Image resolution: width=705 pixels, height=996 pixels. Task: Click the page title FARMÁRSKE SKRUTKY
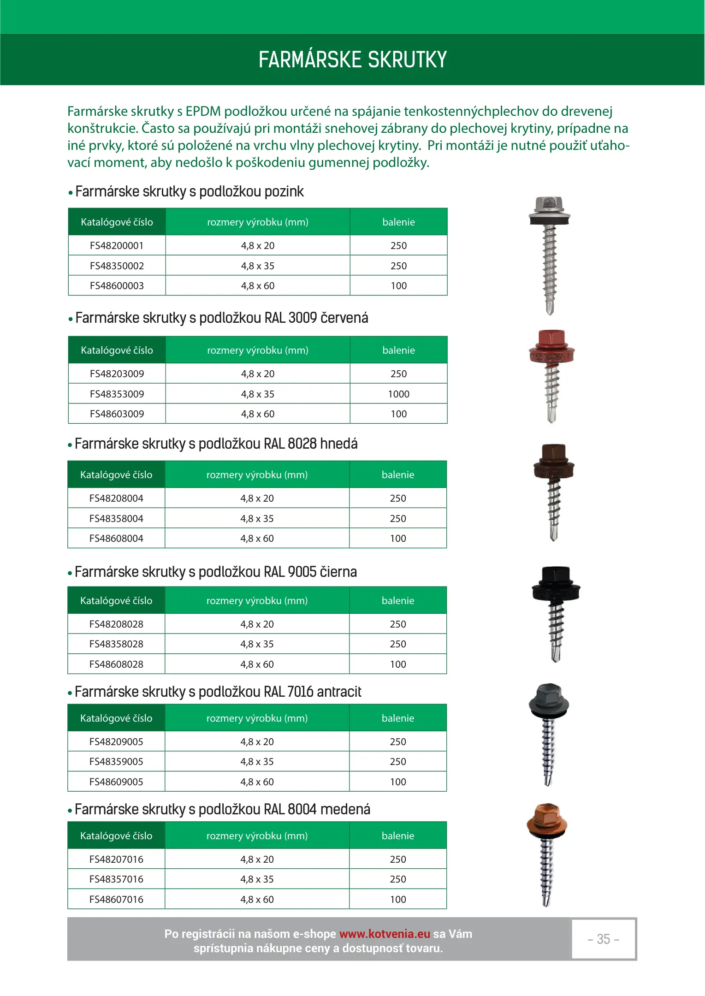coord(353,59)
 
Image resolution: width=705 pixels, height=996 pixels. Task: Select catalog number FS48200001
coord(117,246)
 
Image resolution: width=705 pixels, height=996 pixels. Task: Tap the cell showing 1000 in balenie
coord(398,394)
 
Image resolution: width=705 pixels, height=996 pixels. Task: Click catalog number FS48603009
coord(117,414)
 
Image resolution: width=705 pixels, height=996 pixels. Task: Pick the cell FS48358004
coord(116,519)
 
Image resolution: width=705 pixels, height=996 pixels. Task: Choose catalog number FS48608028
coord(116,664)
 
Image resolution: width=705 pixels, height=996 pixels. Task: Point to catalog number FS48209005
coord(116,742)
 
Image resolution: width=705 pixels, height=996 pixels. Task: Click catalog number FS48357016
coord(116,879)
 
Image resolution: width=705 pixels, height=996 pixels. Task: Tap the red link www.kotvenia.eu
coord(385,934)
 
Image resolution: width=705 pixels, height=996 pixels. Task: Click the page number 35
coord(603,939)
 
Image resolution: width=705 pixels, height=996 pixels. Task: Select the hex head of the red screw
coord(551,339)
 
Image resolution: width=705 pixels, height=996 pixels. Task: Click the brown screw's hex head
coord(554,454)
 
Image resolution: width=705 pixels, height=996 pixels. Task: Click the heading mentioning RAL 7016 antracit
coord(218,692)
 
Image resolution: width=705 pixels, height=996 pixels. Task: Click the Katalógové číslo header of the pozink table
coord(117,222)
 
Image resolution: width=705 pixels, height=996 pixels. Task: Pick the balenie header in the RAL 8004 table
coord(398,836)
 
